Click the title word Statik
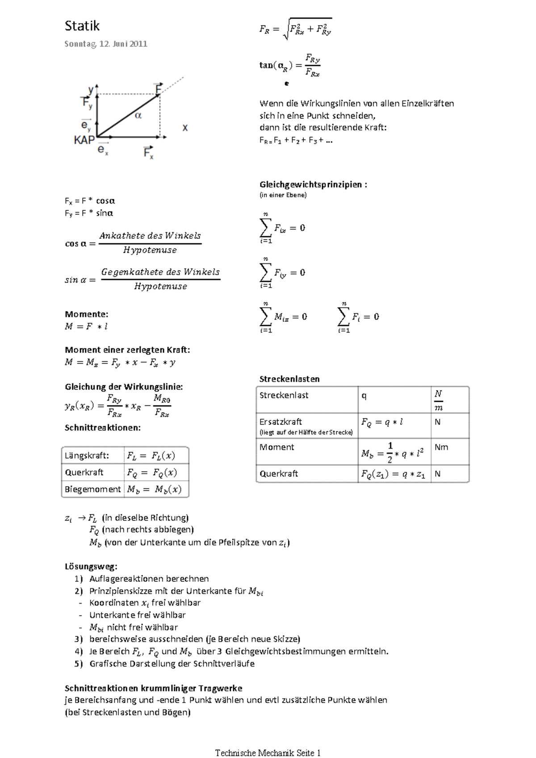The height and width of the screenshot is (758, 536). [x=82, y=26]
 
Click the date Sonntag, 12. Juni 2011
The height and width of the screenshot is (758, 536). [x=106, y=44]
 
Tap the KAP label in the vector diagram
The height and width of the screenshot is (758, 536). [x=84, y=140]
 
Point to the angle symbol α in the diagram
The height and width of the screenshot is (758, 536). [x=138, y=115]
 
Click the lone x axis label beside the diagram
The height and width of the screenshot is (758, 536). [x=185, y=128]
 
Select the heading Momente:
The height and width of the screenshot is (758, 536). [x=86, y=314]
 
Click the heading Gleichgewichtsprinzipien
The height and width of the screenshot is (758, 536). [x=313, y=184]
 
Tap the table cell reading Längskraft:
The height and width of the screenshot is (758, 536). [x=87, y=456]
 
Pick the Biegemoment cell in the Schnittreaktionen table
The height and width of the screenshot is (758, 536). [x=92, y=489]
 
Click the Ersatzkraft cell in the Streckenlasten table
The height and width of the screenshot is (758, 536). [x=281, y=422]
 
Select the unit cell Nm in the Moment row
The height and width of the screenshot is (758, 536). [x=441, y=447]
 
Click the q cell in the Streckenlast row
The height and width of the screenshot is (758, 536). [x=364, y=396]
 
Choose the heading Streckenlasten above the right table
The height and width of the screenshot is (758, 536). [x=289, y=379]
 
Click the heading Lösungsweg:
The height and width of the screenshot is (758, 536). [x=91, y=566]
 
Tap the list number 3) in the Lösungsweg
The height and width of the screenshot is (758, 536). [x=79, y=639]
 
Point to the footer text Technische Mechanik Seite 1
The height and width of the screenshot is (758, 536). [x=268, y=740]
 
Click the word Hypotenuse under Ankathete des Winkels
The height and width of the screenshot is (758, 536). [x=150, y=250]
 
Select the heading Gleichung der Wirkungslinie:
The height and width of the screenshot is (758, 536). [x=124, y=387]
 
